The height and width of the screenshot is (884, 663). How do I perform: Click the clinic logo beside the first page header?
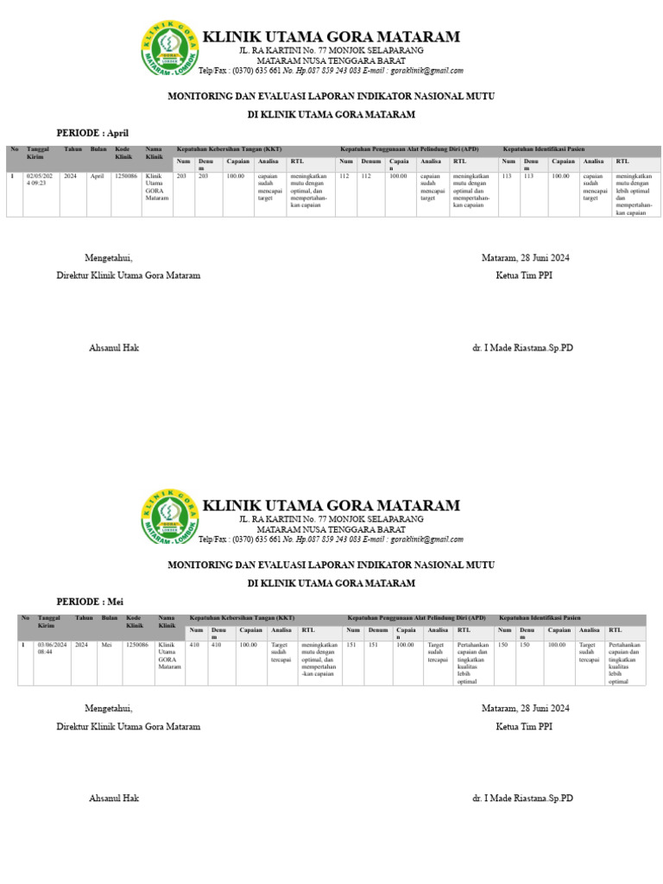(x=168, y=48)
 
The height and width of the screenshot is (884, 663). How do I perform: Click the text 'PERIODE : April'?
(x=92, y=133)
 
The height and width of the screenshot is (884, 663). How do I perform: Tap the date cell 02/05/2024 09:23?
(x=40, y=180)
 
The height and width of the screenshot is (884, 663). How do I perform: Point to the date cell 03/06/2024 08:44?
(x=51, y=648)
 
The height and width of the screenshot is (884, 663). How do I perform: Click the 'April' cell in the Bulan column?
(x=97, y=175)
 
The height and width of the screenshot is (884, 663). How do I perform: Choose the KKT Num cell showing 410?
(x=194, y=644)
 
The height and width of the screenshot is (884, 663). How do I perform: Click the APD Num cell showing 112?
(x=344, y=175)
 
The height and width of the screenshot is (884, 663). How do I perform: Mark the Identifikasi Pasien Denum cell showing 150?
(x=526, y=644)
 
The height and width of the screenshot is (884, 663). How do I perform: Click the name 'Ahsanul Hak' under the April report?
(x=114, y=348)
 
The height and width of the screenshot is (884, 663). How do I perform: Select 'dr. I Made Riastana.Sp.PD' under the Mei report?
(x=522, y=799)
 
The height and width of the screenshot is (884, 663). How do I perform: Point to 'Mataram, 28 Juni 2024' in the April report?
(x=525, y=258)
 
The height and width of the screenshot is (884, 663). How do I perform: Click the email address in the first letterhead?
(x=426, y=71)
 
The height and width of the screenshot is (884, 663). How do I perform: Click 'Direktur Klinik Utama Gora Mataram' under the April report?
(x=128, y=275)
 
